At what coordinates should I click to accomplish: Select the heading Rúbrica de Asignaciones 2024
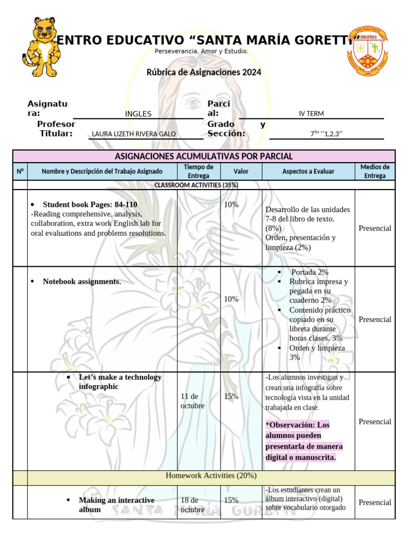pos(204,72)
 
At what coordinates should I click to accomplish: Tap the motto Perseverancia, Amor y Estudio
pos(201,51)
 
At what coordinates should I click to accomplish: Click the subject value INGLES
pos(138,114)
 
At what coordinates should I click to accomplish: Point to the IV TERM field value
pos(311,113)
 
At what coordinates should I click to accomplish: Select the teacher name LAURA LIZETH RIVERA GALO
pos(134,134)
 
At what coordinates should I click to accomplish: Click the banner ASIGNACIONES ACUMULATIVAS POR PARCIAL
pos(204,156)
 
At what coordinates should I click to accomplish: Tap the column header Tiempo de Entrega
pos(199,171)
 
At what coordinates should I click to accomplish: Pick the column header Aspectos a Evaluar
pos(308,172)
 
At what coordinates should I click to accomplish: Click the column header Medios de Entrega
pos(375,171)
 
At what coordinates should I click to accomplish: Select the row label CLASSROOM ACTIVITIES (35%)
pos(196,185)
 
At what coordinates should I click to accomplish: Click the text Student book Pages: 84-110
pos(90,205)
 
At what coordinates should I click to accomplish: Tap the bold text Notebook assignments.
pos(82,282)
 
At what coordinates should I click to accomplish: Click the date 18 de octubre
pos(192,505)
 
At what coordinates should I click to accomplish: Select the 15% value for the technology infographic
pos(231,396)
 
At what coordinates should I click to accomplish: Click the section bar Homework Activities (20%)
pos(211,475)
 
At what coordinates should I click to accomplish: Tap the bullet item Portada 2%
pos(310,272)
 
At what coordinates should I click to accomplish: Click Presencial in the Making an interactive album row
pos(375,503)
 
